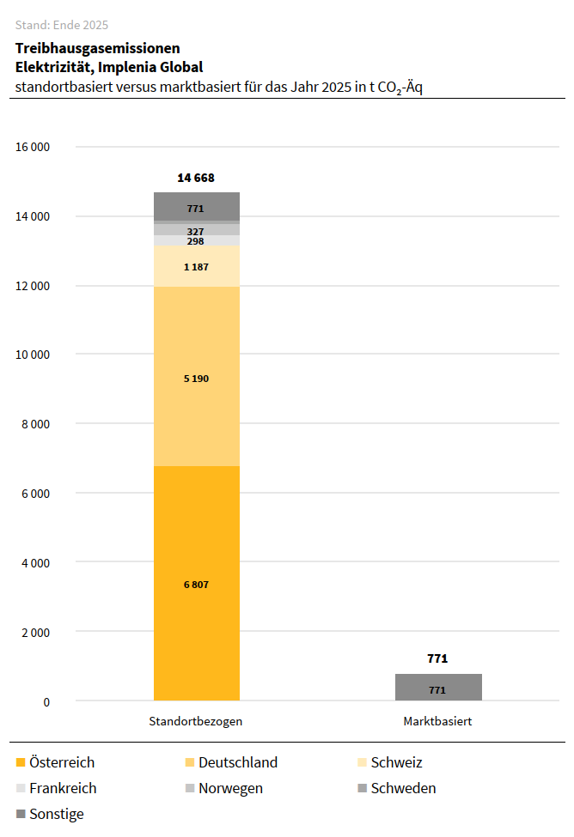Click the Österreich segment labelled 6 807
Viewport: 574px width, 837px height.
[196, 584]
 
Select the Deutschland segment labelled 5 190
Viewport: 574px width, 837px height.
[196, 378]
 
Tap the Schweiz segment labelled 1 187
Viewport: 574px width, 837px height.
[196, 267]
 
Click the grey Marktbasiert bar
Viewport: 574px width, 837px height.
[437, 688]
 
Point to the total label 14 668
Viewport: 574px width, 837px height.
[196, 179]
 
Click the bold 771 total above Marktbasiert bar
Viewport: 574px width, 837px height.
[437, 659]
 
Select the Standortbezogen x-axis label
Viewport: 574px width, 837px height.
[196, 722]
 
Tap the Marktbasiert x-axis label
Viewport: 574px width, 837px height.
[437, 722]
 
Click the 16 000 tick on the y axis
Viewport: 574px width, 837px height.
[33, 147]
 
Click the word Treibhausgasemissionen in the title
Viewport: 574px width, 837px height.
[97, 48]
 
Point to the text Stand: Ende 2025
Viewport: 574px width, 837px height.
[62, 25]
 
